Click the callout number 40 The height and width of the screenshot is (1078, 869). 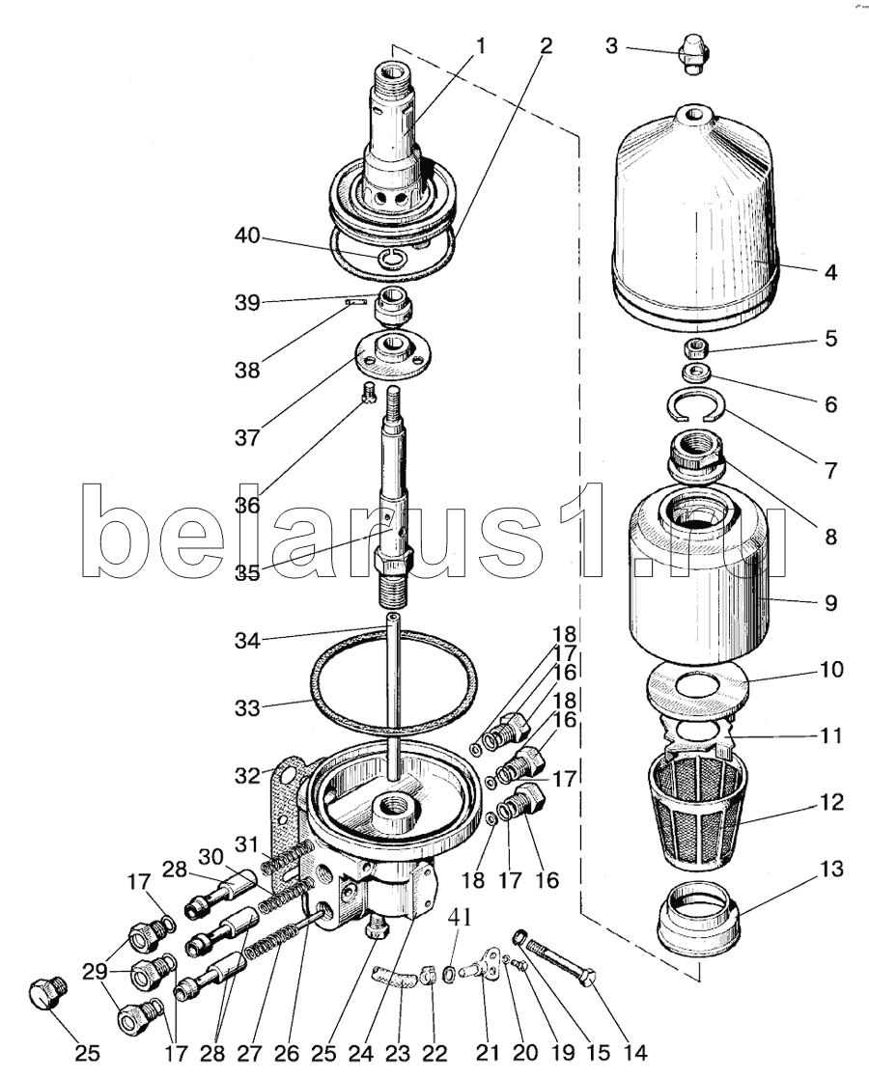247,235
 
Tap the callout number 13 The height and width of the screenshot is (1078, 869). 831,869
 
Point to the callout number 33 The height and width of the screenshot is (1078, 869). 247,707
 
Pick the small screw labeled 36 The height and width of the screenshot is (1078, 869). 370,393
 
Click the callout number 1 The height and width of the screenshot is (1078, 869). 480,46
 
